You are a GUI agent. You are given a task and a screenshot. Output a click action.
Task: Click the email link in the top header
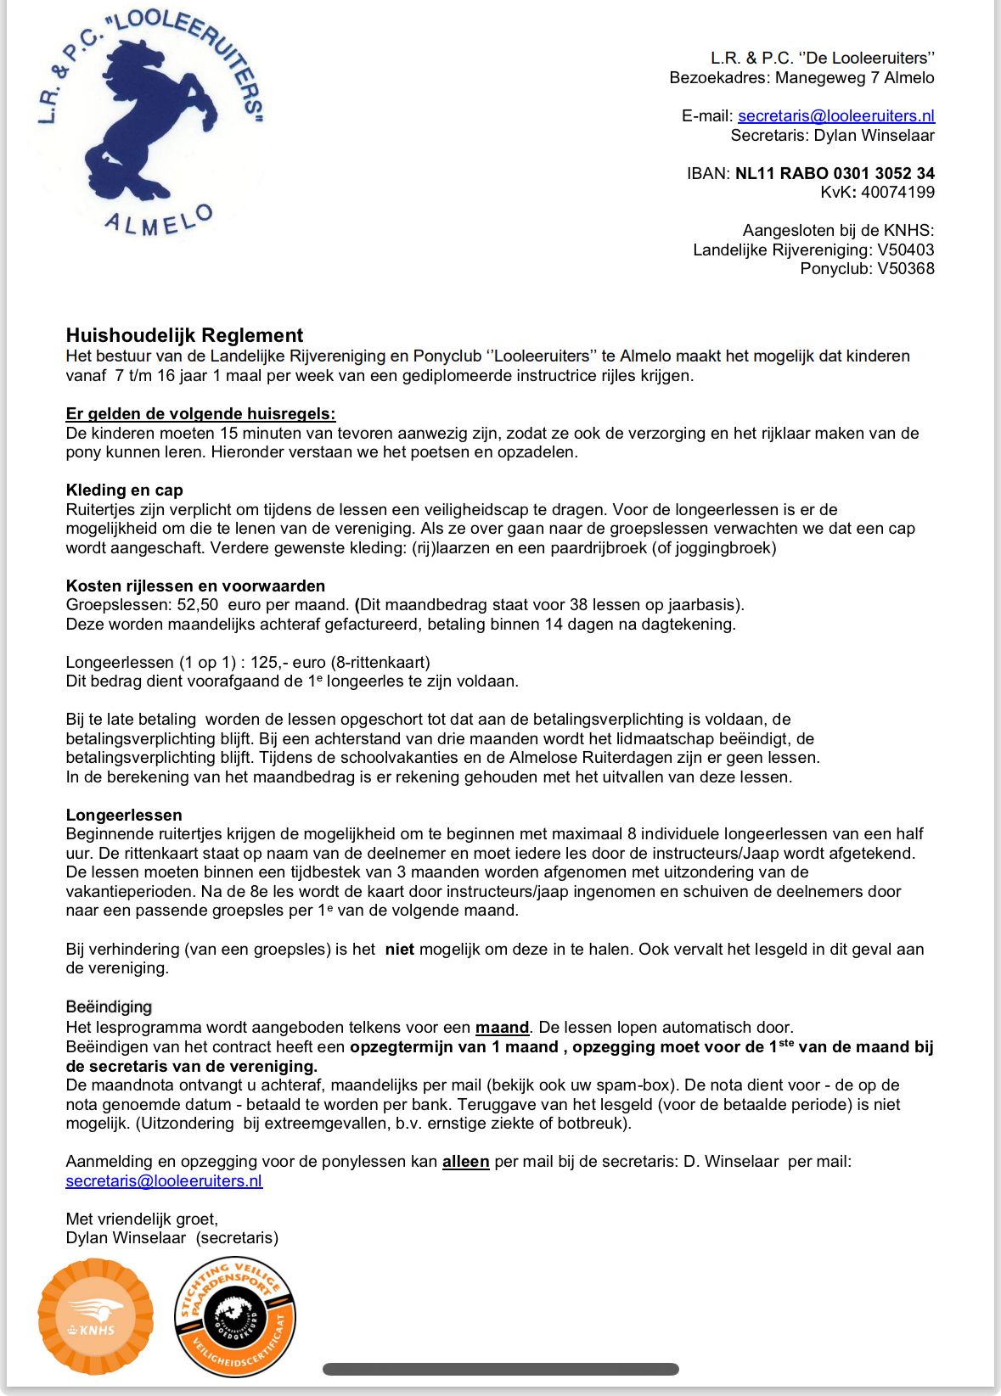[x=835, y=116]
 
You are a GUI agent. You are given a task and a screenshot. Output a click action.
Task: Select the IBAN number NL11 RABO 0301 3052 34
[x=835, y=173]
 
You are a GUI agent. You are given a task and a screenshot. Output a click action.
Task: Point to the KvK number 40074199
[x=897, y=193]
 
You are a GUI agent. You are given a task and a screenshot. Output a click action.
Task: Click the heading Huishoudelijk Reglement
[x=184, y=335]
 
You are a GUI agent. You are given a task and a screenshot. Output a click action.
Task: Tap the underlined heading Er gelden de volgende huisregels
[x=200, y=414]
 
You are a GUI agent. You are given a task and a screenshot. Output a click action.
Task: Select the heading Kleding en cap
[x=124, y=491]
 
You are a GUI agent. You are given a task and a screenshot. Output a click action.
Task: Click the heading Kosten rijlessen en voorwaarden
[x=195, y=586]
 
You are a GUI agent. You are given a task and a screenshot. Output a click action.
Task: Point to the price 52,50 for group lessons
[x=197, y=605]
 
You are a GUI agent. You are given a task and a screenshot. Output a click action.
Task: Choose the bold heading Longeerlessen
[x=124, y=816]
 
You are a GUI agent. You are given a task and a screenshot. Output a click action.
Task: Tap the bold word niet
[x=399, y=950]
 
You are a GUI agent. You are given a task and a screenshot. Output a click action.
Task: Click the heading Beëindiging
[x=109, y=1007]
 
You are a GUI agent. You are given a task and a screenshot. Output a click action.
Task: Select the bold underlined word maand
[x=502, y=1028]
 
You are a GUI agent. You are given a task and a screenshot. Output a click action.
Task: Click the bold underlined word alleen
[x=465, y=1162]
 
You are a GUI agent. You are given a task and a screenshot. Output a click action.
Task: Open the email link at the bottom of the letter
[x=164, y=1181]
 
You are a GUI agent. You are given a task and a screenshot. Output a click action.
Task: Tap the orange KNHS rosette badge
[x=96, y=1316]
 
